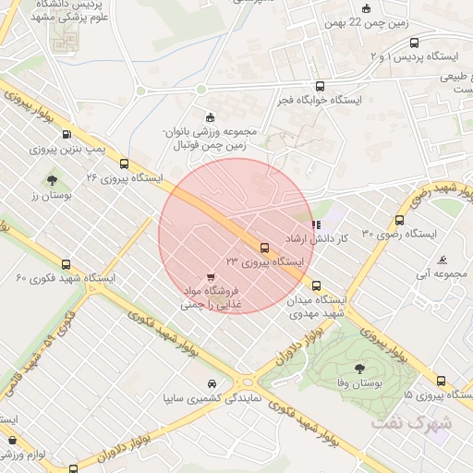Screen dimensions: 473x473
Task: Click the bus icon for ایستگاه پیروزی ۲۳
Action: point(265,248)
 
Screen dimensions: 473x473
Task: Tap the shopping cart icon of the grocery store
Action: point(212,276)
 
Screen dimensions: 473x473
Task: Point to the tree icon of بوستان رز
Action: point(52,180)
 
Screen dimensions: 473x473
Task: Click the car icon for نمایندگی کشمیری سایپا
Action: point(212,384)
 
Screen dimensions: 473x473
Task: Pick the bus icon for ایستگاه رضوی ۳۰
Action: point(399,220)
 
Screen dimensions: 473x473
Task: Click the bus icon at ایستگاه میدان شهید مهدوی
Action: point(317,285)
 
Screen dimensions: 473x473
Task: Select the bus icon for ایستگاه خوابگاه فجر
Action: point(320,84)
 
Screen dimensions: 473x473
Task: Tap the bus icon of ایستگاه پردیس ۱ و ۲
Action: point(413,42)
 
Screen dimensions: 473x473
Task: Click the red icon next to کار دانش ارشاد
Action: point(317,224)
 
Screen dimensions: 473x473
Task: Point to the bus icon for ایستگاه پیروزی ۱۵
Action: point(441,380)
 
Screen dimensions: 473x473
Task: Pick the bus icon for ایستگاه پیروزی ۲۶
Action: point(124,163)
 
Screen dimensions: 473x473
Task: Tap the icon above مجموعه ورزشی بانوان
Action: point(211,116)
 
